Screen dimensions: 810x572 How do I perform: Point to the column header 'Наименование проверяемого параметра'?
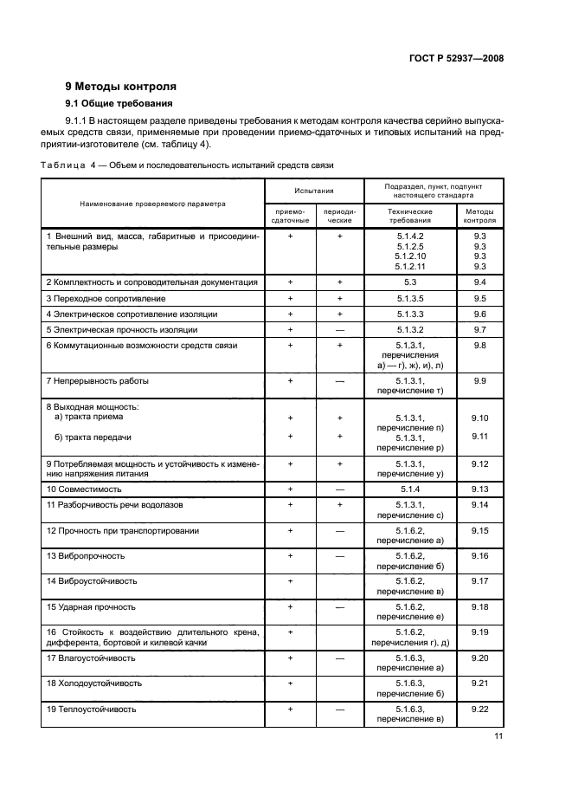(x=152, y=204)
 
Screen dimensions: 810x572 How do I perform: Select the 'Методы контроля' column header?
(x=480, y=215)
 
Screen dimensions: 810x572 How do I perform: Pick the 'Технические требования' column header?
(x=410, y=215)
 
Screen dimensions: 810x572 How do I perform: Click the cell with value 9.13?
(x=480, y=489)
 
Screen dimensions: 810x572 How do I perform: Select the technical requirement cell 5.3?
(x=410, y=282)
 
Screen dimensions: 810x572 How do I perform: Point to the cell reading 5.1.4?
(x=410, y=489)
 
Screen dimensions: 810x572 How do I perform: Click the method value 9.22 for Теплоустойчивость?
(x=480, y=710)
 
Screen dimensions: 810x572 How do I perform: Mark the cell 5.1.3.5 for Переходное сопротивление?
(x=410, y=298)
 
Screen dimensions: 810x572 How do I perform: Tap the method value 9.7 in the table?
(x=480, y=329)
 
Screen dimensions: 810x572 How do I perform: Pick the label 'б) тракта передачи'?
(x=93, y=437)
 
